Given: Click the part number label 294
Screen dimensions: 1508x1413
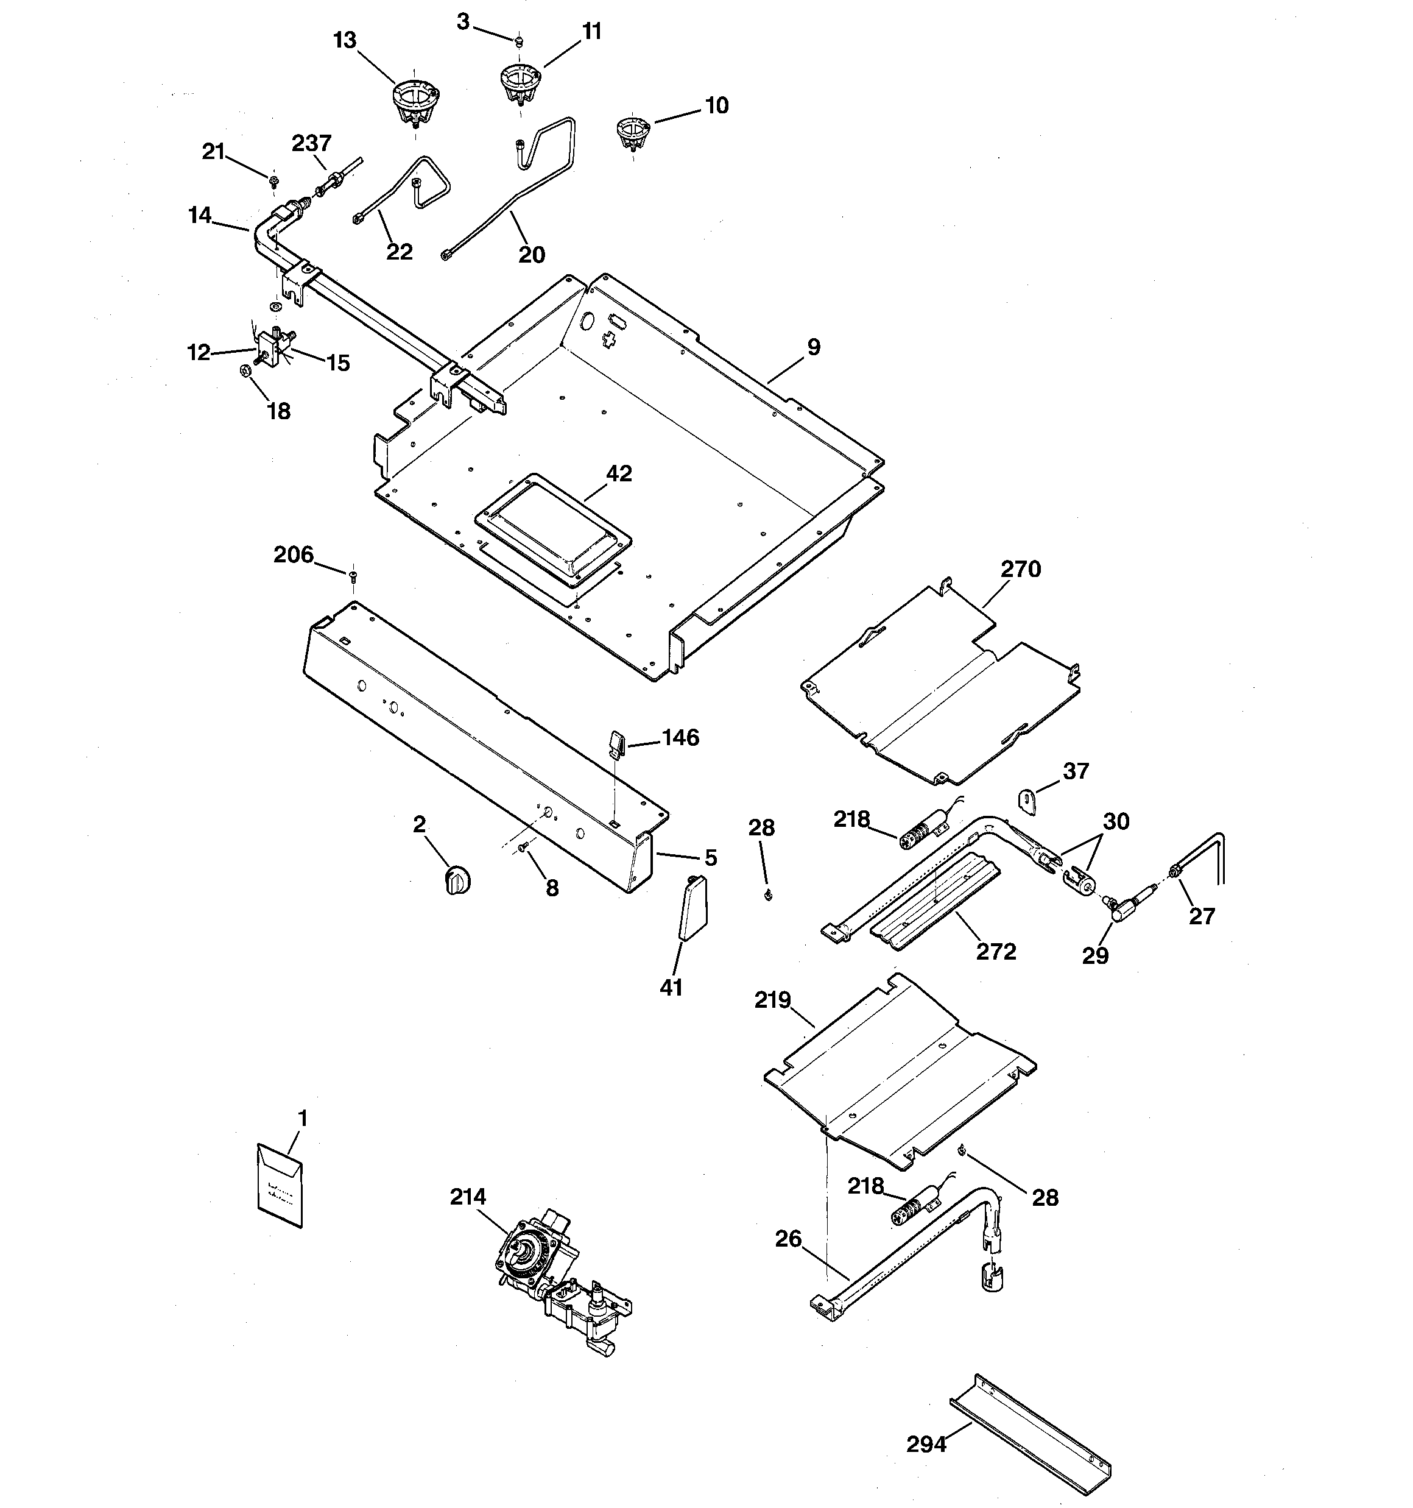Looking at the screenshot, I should coord(926,1444).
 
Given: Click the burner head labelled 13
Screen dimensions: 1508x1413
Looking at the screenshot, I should coord(415,102).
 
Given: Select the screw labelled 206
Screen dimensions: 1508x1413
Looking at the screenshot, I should coord(353,576).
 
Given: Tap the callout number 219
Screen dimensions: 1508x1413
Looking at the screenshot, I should coord(772,1000).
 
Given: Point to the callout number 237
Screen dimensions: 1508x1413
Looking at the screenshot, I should coord(312,143).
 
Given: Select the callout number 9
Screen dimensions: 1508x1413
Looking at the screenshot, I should coord(813,347).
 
